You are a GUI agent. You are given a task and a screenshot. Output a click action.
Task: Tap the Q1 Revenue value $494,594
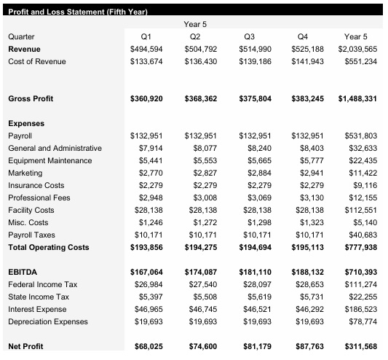(x=146, y=48)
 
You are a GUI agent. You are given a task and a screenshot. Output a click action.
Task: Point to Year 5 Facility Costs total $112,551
(x=361, y=210)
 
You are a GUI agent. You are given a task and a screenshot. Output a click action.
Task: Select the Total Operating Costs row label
(x=48, y=248)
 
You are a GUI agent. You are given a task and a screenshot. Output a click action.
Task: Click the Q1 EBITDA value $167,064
(x=146, y=272)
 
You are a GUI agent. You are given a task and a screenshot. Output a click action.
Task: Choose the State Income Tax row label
(x=38, y=297)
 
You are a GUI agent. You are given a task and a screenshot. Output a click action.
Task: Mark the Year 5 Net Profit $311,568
(x=360, y=346)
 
